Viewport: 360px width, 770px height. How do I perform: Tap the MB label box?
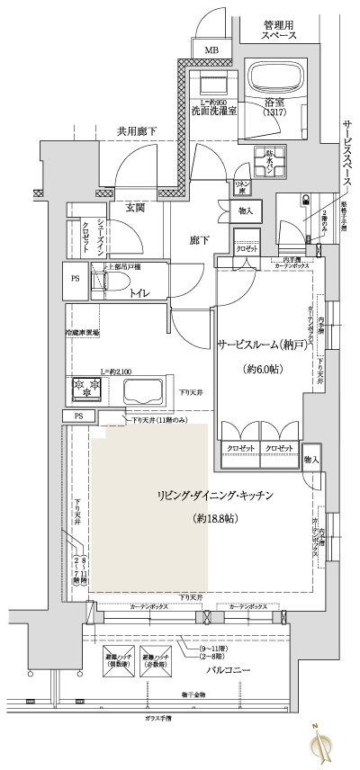pyautogui.click(x=213, y=50)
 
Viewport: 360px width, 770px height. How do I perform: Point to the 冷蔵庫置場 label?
pyautogui.click(x=82, y=332)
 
